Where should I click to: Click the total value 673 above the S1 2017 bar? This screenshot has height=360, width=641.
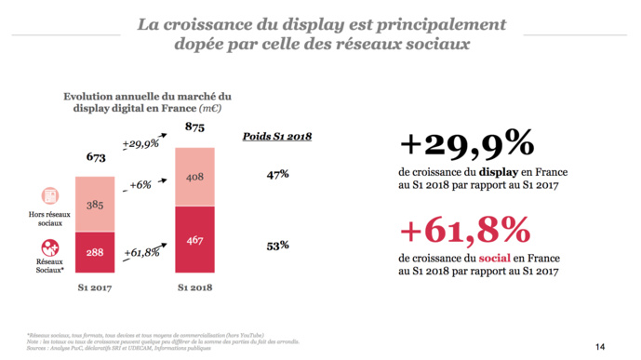95,159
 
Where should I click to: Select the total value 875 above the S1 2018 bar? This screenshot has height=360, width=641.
194,127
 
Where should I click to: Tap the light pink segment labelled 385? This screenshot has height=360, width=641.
95,205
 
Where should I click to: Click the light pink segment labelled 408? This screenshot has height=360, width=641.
194,176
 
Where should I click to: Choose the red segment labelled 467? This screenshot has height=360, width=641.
194,239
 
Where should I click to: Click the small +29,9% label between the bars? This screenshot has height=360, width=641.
140,143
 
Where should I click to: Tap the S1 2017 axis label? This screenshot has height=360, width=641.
95,288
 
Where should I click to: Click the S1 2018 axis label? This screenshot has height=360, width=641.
195,288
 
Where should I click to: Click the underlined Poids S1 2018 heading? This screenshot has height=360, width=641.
277,136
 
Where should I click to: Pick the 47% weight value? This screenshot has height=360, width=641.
277,174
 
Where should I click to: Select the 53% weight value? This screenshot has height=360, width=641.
277,246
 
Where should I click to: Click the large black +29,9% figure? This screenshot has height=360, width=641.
466,145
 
